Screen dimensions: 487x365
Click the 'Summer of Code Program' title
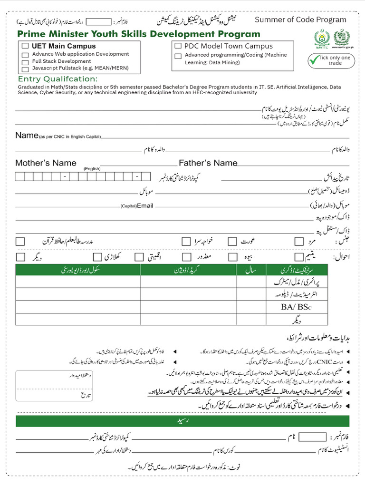300,19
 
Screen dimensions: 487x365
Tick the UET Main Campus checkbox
25,46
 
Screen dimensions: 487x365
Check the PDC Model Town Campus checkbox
178,46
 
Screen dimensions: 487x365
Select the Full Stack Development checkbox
25,62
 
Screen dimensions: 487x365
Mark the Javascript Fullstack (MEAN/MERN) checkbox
25,68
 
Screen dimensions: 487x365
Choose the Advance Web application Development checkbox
25,55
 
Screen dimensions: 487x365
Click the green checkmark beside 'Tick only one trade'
314,60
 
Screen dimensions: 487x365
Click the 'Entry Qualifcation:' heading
58,79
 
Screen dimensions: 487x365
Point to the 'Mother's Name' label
46,163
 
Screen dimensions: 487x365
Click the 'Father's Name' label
208,163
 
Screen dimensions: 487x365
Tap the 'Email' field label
145,206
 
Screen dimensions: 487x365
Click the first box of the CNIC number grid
19,177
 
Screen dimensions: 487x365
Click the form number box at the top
99,22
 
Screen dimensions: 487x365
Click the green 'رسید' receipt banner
182,421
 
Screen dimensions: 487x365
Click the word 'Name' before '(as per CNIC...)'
26,136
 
